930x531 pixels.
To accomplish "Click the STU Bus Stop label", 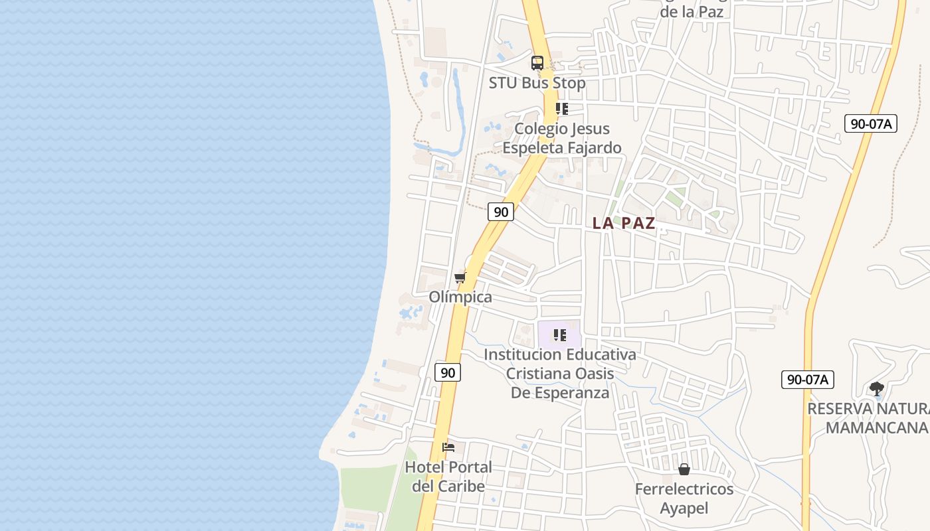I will tap(537, 83).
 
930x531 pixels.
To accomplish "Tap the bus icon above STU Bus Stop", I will tap(537, 63).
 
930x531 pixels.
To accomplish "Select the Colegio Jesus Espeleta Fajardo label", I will tap(562, 138).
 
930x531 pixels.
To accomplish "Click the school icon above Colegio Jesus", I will tap(562, 109).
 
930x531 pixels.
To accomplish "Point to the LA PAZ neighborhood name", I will tap(624, 223).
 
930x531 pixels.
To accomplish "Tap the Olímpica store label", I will tap(460, 297).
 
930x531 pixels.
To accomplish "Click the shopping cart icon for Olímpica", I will tap(460, 277).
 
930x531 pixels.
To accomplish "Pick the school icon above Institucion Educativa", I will tap(560, 335).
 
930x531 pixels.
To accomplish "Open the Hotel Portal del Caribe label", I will tap(448, 477).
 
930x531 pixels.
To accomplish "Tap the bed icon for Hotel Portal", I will tap(448, 447).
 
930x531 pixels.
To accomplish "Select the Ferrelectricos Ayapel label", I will tap(684, 498).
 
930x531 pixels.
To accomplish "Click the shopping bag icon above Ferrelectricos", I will tap(684, 470).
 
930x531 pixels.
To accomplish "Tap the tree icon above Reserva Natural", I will tap(877, 388).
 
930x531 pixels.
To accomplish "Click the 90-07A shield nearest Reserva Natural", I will tap(807, 380).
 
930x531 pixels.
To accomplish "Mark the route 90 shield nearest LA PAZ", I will tap(501, 212).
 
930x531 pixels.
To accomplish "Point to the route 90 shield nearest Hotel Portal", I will tap(448, 372).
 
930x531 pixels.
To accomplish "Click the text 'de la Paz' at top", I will tap(692, 12).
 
